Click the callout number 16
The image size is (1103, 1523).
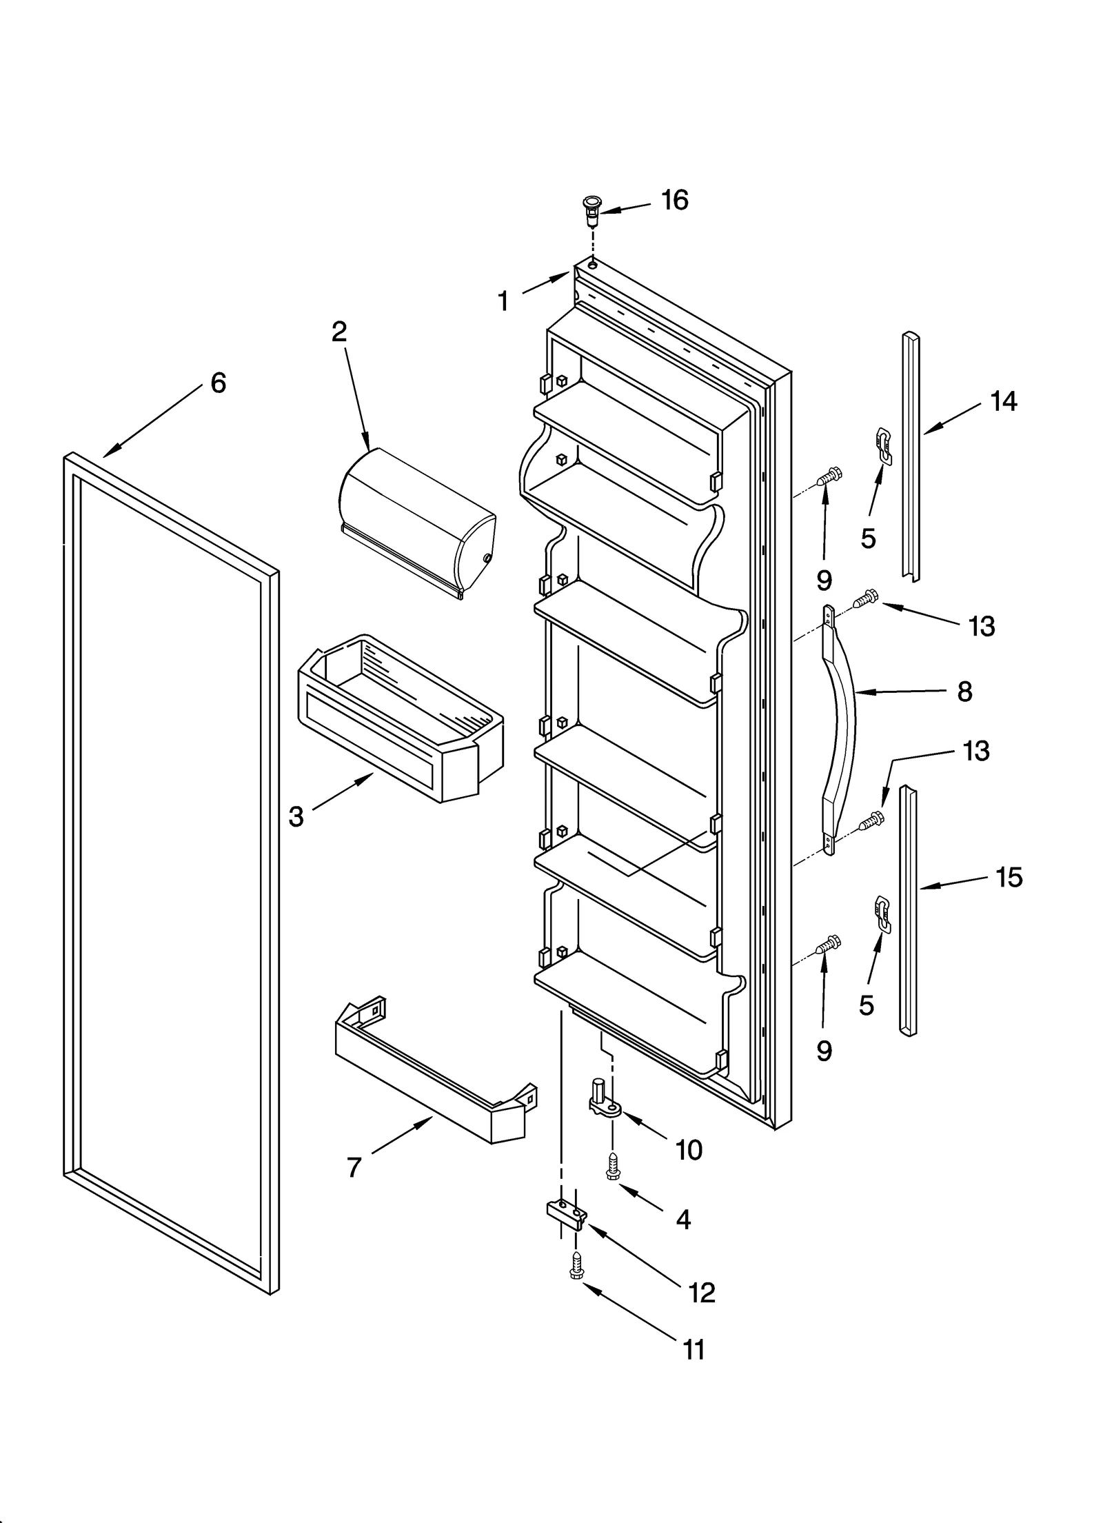674,201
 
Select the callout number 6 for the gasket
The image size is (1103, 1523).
218,383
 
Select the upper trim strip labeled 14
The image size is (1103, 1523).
911,455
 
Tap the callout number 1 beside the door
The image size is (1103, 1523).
503,301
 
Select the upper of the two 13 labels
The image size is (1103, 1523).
981,626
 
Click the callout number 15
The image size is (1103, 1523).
1009,878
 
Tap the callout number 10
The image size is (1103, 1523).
689,1150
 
